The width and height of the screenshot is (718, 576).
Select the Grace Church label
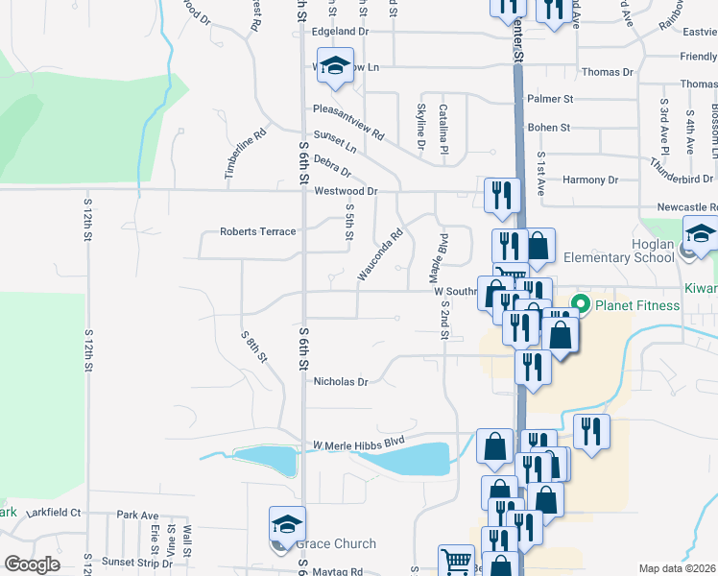pyautogui.click(x=336, y=544)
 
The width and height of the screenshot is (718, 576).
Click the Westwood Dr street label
pyautogui.click(x=346, y=191)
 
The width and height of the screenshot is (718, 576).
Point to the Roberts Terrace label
pyautogui.click(x=258, y=231)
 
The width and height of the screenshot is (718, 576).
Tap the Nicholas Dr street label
pyautogui.click(x=341, y=381)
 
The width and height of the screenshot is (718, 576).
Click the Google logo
pyautogui.click(x=32, y=564)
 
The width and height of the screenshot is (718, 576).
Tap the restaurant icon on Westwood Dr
pyautogui.click(x=502, y=195)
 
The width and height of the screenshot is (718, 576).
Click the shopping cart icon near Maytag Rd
pyautogui.click(x=456, y=561)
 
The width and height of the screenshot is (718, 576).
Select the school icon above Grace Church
pyautogui.click(x=287, y=523)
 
